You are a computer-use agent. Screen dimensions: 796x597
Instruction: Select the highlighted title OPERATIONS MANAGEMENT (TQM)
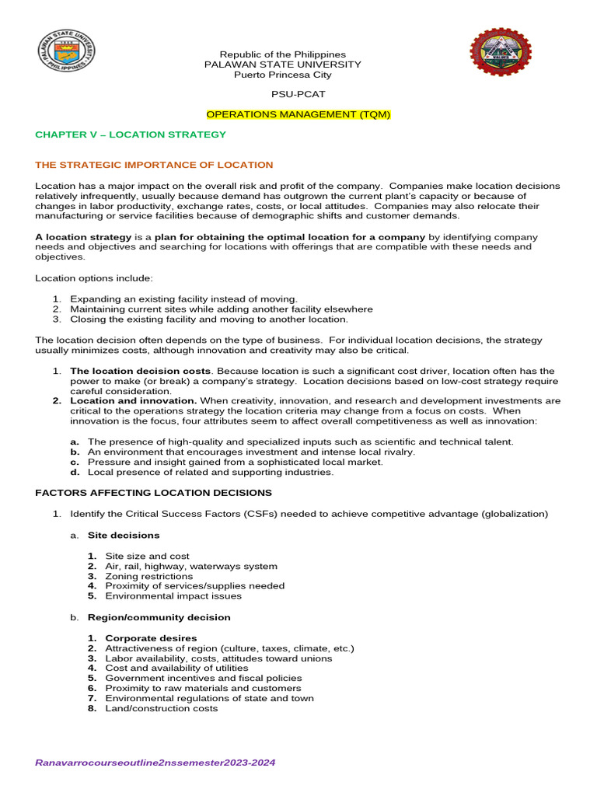click(x=298, y=114)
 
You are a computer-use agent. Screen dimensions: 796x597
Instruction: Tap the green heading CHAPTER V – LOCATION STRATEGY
click(x=131, y=134)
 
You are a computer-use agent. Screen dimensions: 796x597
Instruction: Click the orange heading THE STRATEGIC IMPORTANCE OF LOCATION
click(x=154, y=165)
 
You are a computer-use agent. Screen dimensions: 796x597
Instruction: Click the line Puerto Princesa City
click(x=282, y=75)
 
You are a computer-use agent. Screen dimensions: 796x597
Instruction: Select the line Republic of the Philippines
click(x=282, y=54)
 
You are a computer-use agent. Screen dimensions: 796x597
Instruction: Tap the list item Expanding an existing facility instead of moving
click(x=183, y=298)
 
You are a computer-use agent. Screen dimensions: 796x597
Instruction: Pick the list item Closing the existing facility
click(x=208, y=319)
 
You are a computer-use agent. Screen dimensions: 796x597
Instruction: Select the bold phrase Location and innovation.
click(x=133, y=400)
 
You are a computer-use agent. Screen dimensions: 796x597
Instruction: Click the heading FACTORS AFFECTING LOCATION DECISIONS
click(x=154, y=493)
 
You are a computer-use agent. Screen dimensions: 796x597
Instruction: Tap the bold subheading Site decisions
click(x=124, y=535)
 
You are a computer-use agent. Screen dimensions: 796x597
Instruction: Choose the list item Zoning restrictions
click(x=148, y=576)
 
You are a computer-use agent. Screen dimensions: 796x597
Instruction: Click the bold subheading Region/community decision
click(x=159, y=617)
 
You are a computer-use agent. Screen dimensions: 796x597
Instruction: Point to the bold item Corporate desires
click(x=151, y=638)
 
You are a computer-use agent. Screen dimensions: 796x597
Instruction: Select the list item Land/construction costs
click(x=161, y=708)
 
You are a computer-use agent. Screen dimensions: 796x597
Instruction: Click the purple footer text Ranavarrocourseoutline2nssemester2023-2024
click(x=155, y=763)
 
